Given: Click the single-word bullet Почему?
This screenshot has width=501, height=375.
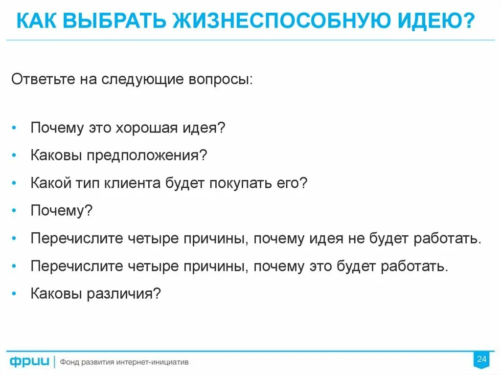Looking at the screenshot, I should pyautogui.click(x=62, y=211).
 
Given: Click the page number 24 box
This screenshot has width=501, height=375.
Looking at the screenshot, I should pyautogui.click(x=481, y=360).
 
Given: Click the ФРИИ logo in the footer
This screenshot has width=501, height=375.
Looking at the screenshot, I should pyautogui.click(x=30, y=362).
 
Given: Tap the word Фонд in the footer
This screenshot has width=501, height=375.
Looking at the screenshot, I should pyautogui.click(x=69, y=362).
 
